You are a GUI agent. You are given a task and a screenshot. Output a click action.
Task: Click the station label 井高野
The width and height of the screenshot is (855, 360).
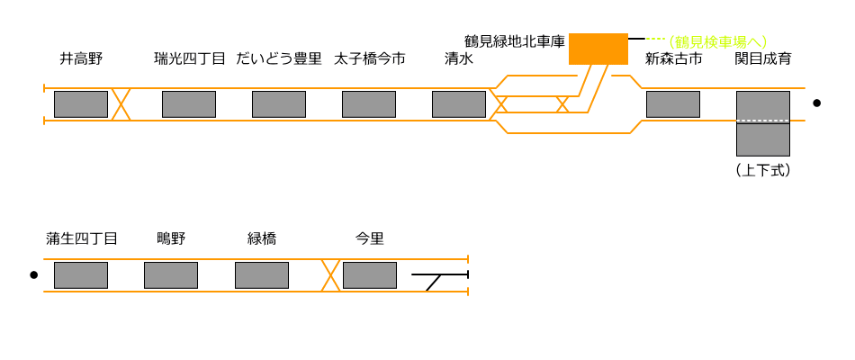(81, 59)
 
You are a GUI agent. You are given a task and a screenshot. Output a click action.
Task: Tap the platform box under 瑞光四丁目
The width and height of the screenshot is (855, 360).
(189, 104)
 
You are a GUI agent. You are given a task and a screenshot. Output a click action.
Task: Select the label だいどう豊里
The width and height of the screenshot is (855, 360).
(279, 59)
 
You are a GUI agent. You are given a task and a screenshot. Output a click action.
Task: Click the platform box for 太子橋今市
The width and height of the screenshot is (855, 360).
(369, 104)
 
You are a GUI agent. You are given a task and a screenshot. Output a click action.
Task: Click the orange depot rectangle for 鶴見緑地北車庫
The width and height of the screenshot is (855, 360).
(598, 49)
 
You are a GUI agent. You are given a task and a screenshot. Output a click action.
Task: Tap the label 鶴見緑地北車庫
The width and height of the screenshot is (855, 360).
(514, 41)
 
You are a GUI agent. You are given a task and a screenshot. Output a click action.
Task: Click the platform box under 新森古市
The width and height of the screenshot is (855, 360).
(673, 104)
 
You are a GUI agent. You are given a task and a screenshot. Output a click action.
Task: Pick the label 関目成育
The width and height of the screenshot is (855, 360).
(763, 59)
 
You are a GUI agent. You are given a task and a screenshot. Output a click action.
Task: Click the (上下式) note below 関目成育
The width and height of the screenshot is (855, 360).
(762, 169)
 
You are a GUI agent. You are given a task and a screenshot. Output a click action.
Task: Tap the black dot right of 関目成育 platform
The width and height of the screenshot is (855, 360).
(816, 103)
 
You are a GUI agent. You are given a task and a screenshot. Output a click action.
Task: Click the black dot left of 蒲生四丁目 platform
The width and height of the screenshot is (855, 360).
(34, 274)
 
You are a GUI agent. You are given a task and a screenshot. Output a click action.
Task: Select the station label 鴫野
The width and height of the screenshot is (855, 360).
(171, 238)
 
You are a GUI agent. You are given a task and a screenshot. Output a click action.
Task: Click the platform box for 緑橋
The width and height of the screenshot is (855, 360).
(262, 275)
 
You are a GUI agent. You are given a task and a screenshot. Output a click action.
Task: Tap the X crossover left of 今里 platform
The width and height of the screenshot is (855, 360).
(330, 275)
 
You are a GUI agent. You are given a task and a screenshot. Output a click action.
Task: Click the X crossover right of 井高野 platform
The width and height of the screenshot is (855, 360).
(121, 104)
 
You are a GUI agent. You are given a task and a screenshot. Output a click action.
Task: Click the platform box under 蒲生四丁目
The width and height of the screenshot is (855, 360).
(81, 275)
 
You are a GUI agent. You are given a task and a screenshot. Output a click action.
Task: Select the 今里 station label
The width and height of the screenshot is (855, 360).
(370, 238)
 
